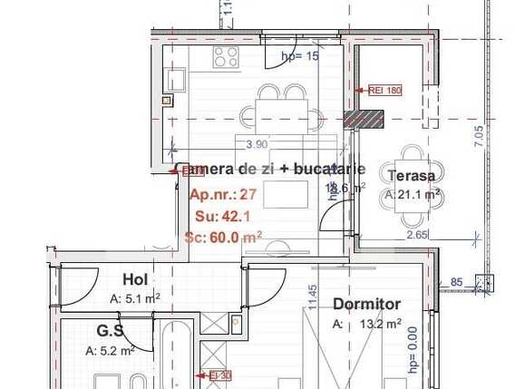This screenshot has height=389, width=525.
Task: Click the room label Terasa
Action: coord(411,176)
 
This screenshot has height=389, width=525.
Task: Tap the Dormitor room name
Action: coord(366,305)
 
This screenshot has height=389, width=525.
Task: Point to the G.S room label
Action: coord(111,332)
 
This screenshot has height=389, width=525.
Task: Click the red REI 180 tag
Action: coord(384,90)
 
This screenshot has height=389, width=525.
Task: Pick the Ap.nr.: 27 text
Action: coord(223,194)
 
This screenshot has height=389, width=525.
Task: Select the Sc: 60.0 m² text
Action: coord(223,237)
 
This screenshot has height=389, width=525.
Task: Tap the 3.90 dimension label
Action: coord(258,143)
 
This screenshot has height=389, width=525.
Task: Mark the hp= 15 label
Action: coord(301,56)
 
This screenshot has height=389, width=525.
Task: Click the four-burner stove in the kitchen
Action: coord(226,58)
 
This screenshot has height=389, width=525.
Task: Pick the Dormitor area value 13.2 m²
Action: coord(379,324)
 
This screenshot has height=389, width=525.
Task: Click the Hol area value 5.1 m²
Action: coord(135,298)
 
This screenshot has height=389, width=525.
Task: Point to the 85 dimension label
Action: coord(456,282)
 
